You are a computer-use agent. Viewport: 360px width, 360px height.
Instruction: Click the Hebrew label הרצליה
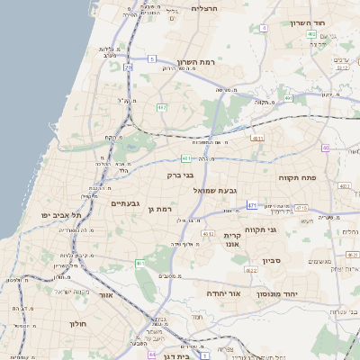pos(205,8)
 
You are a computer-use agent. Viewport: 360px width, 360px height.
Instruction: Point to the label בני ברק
pos(181,175)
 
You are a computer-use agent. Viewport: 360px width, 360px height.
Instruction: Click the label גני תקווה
pos(280,230)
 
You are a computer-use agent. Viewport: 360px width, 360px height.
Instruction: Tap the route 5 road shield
pos(153,58)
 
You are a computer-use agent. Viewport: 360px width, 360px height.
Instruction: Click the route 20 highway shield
pos(129,67)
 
